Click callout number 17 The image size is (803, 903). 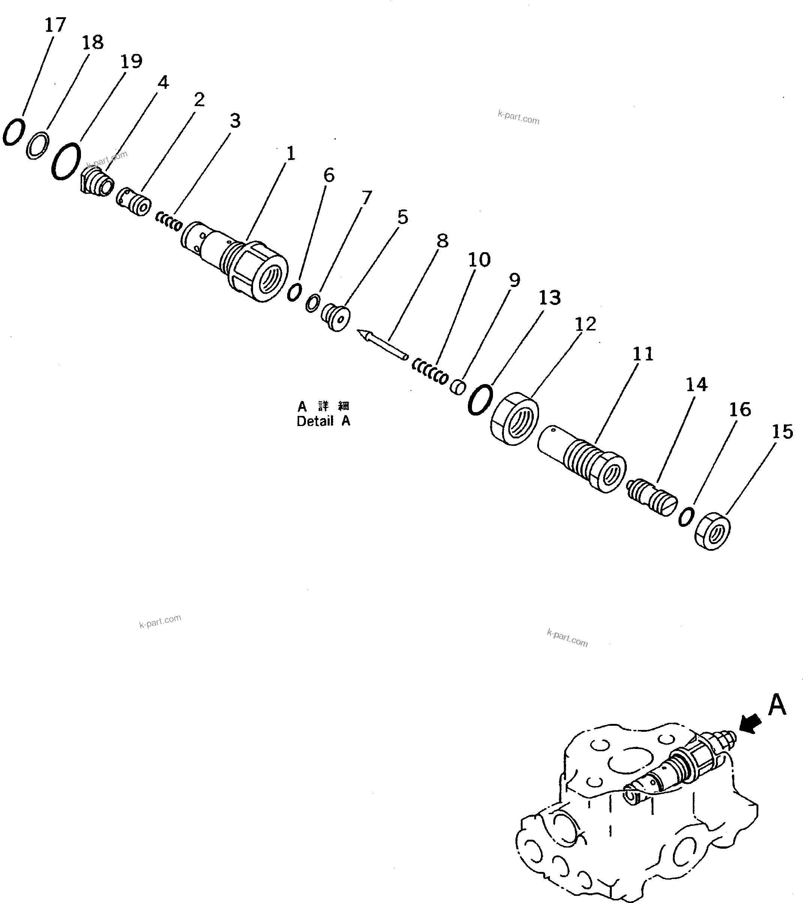[x=55, y=25]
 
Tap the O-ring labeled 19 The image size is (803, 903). [x=66, y=161]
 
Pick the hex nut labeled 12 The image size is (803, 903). [x=514, y=418]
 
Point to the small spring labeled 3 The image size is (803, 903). [x=169, y=221]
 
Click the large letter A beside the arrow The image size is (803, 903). [x=777, y=705]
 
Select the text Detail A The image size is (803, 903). [x=323, y=422]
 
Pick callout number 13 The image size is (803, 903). [x=549, y=298]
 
